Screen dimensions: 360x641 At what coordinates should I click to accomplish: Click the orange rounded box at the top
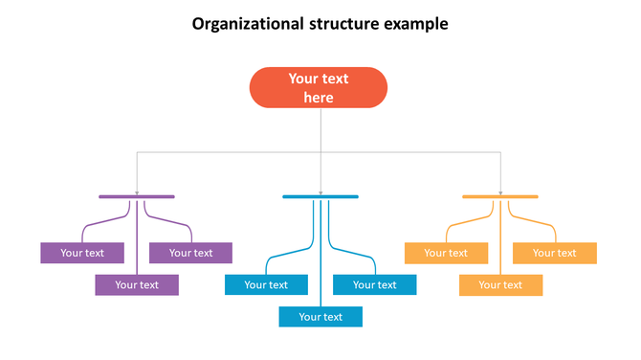(x=319, y=87)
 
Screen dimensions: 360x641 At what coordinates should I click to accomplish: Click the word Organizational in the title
(x=245, y=23)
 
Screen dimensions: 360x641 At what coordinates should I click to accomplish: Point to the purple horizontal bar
(x=137, y=196)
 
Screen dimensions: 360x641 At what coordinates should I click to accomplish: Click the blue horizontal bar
(x=320, y=196)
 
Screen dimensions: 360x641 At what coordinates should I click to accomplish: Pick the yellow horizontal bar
(x=500, y=196)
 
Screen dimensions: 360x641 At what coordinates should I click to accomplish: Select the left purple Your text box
(x=82, y=253)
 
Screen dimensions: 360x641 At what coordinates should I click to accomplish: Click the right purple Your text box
(x=190, y=253)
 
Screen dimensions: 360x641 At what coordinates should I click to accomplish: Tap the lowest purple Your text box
(x=137, y=284)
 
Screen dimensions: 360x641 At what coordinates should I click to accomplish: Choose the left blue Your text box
(x=266, y=284)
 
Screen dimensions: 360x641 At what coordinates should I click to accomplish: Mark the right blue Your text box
(x=374, y=284)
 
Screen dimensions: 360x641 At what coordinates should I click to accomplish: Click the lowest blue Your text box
(x=320, y=316)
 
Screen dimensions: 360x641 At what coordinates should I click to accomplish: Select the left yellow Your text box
(x=446, y=253)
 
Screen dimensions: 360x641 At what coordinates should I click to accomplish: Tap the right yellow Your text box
(x=555, y=253)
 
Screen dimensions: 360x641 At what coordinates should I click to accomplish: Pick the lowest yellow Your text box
(x=500, y=284)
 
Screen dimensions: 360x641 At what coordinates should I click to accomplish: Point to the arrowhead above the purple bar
(x=137, y=192)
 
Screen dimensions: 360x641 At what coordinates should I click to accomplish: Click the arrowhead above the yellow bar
(x=500, y=192)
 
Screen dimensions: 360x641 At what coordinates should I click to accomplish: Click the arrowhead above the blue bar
(x=320, y=192)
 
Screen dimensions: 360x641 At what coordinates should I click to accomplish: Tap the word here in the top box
(x=319, y=98)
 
